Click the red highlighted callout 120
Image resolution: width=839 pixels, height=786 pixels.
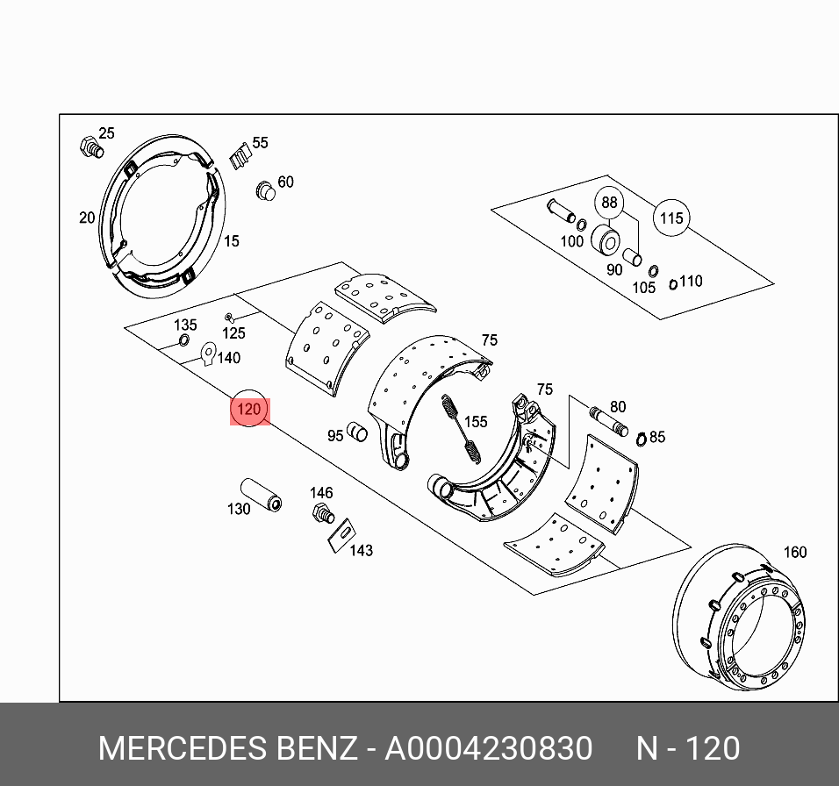pos(249,410)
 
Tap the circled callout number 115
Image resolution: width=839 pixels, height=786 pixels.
pos(671,218)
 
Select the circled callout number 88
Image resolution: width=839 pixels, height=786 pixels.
pos(609,203)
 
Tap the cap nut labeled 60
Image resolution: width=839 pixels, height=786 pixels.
pos(265,189)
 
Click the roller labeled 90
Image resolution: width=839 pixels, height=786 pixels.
pos(605,239)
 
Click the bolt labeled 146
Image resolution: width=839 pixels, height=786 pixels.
pos(322,513)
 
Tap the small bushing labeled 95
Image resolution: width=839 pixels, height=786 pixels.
pos(356,432)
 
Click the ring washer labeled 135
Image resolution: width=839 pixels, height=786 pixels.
pos(185,341)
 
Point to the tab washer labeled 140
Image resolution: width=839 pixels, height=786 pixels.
pos(208,353)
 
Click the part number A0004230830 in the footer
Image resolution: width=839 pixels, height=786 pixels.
pos(489,748)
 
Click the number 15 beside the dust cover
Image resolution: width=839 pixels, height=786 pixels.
pos(231,240)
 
